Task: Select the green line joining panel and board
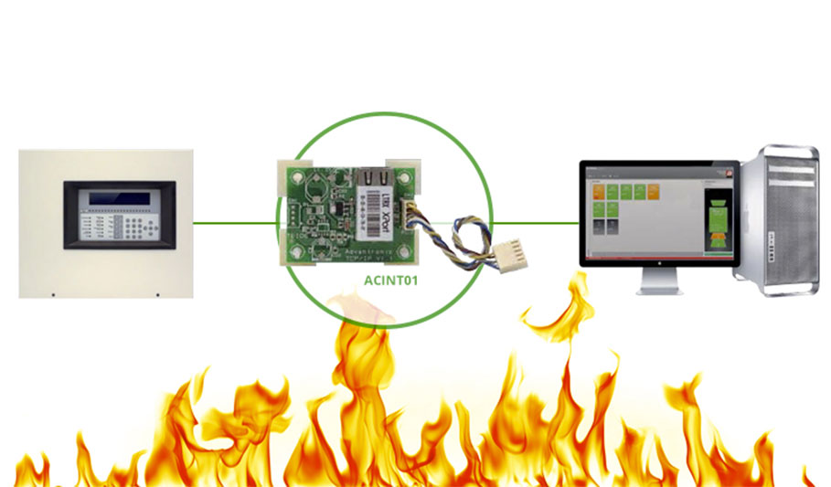coord(234,221)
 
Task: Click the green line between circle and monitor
coord(535,221)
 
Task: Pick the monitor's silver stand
coord(659,282)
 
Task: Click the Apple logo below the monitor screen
coord(659,262)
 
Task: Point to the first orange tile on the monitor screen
coord(599,191)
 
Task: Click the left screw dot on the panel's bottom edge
coord(53,294)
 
